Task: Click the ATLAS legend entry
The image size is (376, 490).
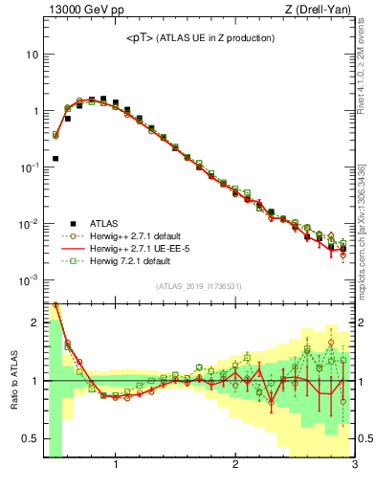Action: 102,223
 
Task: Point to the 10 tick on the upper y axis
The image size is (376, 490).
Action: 33,55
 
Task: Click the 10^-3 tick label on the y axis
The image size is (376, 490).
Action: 30,280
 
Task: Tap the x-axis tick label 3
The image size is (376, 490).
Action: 354,466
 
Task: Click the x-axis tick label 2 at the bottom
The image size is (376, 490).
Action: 235,466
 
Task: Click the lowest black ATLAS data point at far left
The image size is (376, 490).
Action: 55,158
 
